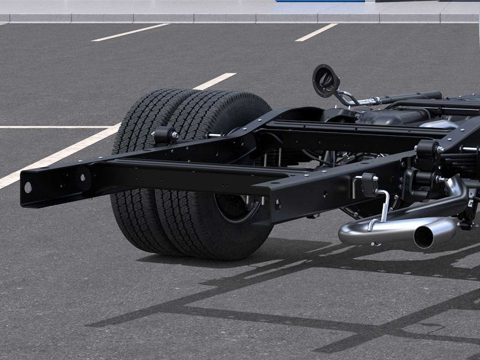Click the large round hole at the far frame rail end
[28, 187]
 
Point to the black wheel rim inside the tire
[237, 207]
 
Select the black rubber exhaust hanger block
[370, 185]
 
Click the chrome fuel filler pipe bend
[345, 97]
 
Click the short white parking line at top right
[316, 32]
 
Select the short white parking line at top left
[130, 32]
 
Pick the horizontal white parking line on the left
[54, 127]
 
